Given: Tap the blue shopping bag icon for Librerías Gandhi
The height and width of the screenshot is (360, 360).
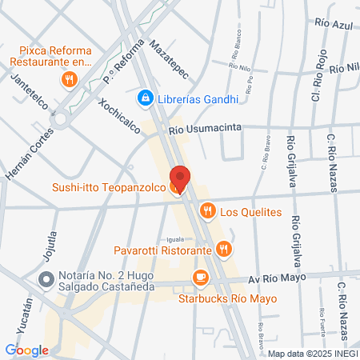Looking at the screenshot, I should coord(145,98).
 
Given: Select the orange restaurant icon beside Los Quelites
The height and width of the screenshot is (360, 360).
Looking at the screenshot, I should coord(207,211).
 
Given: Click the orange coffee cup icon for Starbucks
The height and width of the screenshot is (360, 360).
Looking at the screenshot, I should coord(200,278).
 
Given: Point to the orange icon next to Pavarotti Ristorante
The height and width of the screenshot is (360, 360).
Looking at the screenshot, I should coord(225,250).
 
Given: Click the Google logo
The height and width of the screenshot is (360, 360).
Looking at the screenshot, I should coord(26,350).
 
